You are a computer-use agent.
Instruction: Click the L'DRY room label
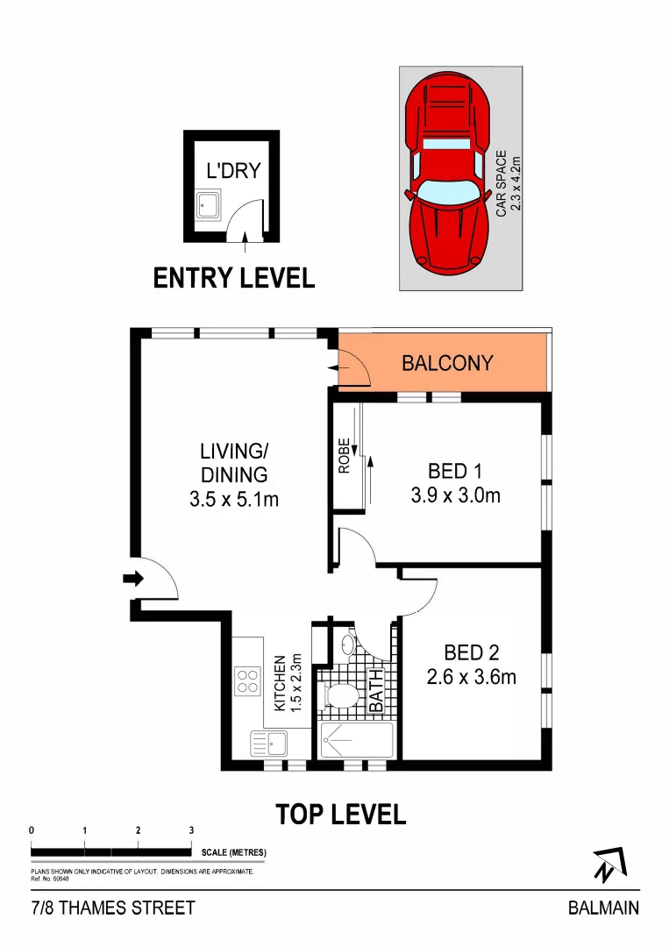coord(232,169)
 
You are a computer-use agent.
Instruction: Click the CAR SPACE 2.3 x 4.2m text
coord(508,183)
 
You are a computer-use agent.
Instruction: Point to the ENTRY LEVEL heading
coord(233,278)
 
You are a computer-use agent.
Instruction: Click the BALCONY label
coord(447,362)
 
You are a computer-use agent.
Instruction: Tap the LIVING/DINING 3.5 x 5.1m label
coord(233,475)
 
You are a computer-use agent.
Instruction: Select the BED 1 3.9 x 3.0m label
coord(455,483)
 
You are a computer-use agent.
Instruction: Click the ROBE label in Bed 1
coord(345,456)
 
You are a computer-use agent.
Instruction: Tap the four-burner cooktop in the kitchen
coord(247,680)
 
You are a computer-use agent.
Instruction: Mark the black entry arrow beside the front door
coord(132,578)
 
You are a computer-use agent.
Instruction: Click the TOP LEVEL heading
coord(341,814)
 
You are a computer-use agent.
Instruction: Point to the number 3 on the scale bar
coord(191,830)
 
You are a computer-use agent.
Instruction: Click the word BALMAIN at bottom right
coord(603,908)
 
